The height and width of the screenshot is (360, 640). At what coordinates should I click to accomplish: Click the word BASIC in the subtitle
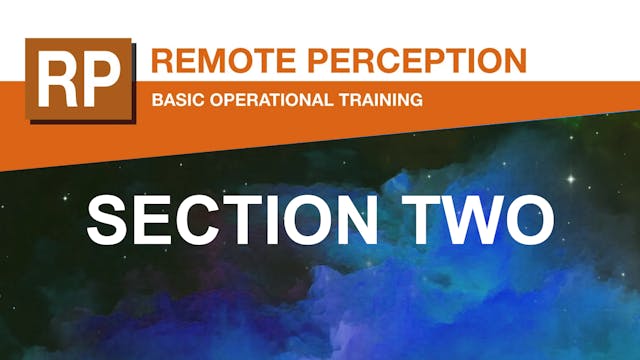(x=175, y=100)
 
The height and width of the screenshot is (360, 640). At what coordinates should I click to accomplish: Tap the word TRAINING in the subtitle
(x=384, y=100)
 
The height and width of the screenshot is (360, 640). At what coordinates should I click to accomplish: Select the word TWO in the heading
(x=486, y=219)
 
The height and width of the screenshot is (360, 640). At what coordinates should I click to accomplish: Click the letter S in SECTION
(x=107, y=219)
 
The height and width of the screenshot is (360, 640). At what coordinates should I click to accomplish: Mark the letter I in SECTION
(x=289, y=219)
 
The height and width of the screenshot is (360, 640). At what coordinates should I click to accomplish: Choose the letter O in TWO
(x=538, y=219)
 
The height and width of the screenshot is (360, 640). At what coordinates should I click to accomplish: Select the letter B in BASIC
(x=156, y=100)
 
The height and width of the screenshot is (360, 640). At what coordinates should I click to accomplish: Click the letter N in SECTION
(x=378, y=219)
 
